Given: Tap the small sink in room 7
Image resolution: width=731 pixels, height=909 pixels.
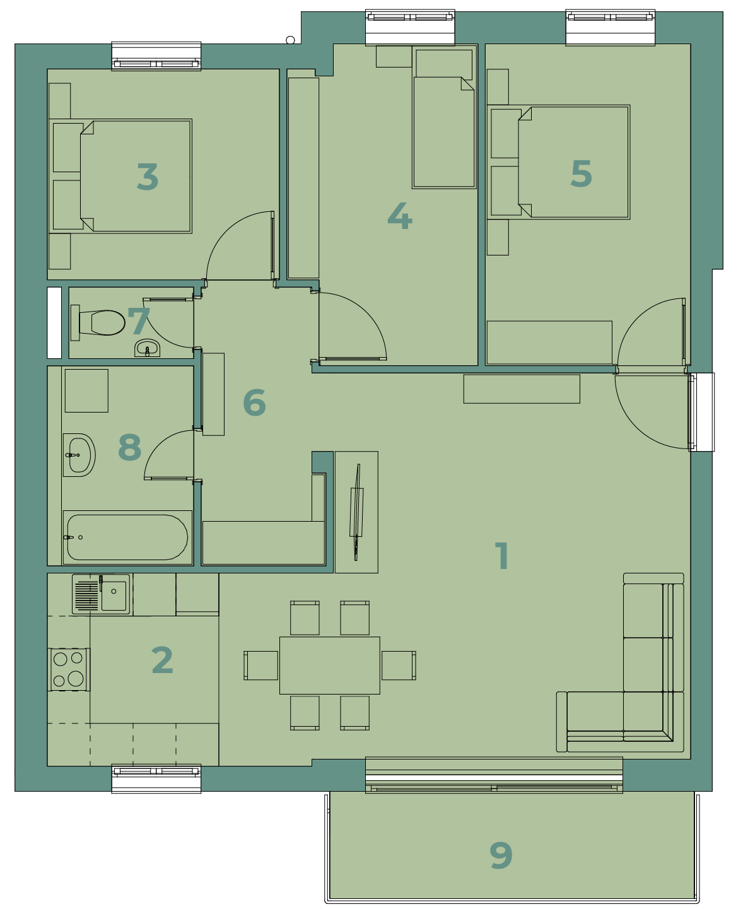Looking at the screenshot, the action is click(x=147, y=348).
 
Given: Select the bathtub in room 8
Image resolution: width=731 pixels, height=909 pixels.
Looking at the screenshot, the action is click(x=127, y=537).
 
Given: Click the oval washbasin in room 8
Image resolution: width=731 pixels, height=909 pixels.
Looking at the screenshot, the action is click(x=79, y=455).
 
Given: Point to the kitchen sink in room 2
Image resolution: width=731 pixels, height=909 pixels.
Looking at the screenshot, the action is click(x=101, y=594).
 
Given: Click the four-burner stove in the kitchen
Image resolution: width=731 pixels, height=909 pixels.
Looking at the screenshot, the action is click(x=69, y=670).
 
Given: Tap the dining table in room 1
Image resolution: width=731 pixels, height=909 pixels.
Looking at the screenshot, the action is click(x=329, y=666).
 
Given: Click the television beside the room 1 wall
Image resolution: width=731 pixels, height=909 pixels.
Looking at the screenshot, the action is click(x=357, y=512).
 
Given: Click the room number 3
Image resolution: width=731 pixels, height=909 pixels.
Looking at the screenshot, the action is click(x=148, y=177).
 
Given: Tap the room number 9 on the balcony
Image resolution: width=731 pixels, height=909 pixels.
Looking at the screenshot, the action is click(x=501, y=855).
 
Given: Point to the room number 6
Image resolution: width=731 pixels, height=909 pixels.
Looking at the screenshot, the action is click(x=254, y=402).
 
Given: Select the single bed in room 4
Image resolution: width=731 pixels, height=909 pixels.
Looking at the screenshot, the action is click(x=444, y=117).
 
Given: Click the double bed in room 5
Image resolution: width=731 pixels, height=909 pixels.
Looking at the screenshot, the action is click(x=558, y=162).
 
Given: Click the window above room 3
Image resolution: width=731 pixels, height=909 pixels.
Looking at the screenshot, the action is click(x=156, y=56).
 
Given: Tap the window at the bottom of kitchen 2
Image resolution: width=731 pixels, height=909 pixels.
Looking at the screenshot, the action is click(x=156, y=778).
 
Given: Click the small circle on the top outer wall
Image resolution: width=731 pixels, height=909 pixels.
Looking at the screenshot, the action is click(x=290, y=40).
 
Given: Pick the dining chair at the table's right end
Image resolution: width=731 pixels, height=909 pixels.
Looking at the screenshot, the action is click(x=399, y=666).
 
